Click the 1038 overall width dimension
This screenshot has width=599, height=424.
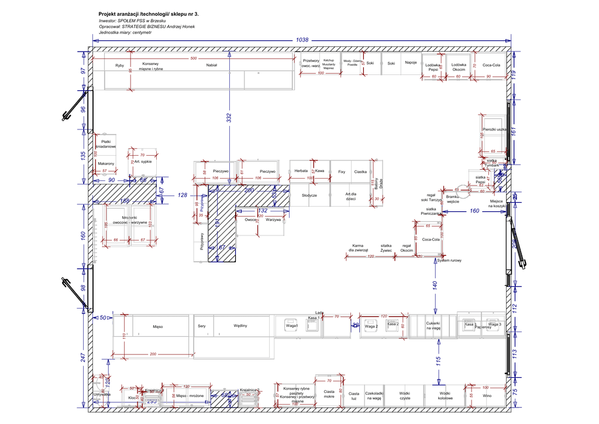click(x=302, y=40)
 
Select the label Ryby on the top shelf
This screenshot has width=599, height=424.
click(x=119, y=66)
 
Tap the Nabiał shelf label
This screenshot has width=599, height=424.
click(x=212, y=66)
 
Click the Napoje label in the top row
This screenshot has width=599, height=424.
click(x=410, y=63)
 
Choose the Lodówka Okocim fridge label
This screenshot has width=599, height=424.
click(x=459, y=67)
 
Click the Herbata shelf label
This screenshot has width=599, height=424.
click(x=301, y=171)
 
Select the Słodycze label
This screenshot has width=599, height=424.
click(x=309, y=195)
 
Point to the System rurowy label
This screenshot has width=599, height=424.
click(x=450, y=261)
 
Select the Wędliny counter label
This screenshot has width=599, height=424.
click(x=240, y=326)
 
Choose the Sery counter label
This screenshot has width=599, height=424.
click(x=202, y=326)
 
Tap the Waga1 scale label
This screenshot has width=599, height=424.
click(x=291, y=326)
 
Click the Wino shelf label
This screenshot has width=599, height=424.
click(x=487, y=396)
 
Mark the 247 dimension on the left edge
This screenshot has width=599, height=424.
click(x=83, y=357)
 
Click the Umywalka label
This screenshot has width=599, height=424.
click(x=102, y=395)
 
